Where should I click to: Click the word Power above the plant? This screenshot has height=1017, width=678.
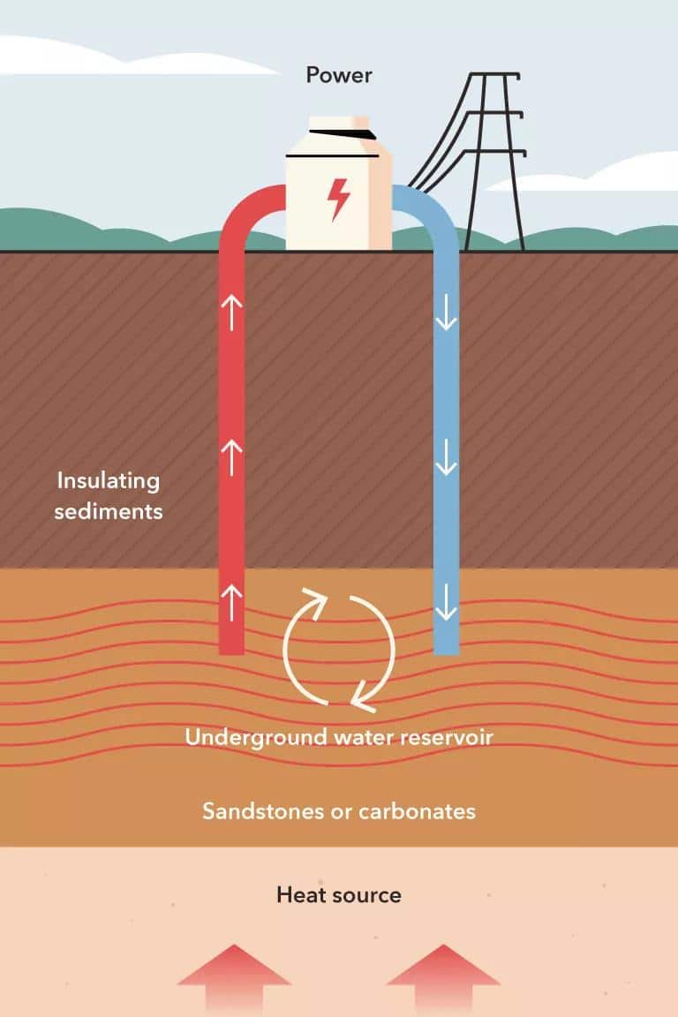tap(339, 75)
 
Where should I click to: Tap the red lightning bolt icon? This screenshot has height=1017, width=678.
tap(339, 199)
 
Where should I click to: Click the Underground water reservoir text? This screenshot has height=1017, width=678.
tap(338, 737)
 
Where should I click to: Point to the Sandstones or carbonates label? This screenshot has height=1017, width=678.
tap(339, 810)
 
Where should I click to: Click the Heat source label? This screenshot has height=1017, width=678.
tap(339, 895)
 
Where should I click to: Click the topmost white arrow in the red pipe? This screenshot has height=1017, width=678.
tap(231, 313)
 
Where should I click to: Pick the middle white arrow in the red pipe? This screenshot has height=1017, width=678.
tap(231, 457)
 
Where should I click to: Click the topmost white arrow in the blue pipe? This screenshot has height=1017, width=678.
tap(447, 313)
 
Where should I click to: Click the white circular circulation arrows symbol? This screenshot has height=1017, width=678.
tap(339, 650)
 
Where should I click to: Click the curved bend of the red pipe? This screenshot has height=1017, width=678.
tap(243, 207)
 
